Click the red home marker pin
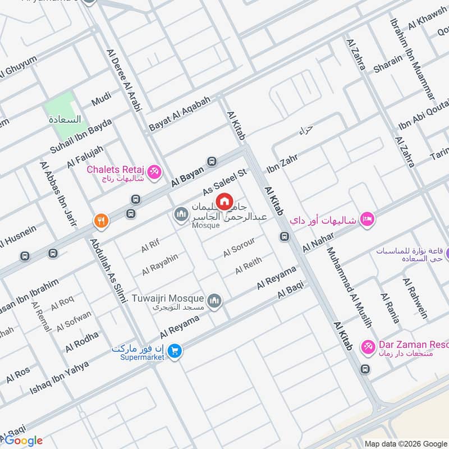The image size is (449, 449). click(x=224, y=201)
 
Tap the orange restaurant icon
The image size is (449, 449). click(x=102, y=221)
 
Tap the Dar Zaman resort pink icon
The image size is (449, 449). click(x=368, y=346)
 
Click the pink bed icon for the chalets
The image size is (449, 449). click(x=367, y=219)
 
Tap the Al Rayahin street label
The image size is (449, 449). click(x=159, y=264)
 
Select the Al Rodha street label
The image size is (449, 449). click(x=82, y=341)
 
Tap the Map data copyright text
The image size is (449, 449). click(x=404, y=443)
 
